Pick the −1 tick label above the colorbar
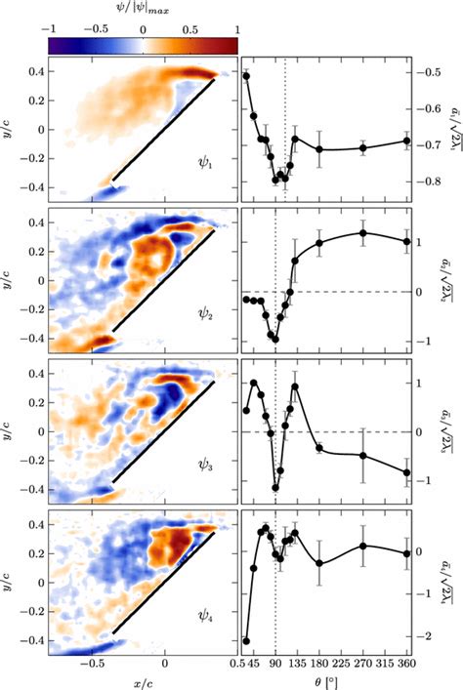click(x=51, y=29)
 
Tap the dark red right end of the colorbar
click(x=231, y=45)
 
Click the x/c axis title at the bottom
click(x=142, y=680)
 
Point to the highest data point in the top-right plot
click(x=246, y=75)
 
